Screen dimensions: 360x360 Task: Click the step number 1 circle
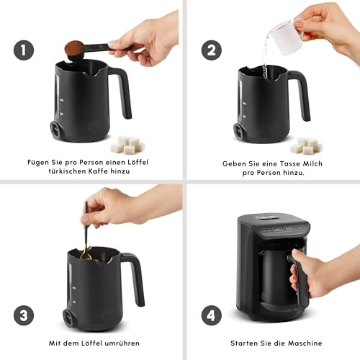pyautogui.click(x=23, y=51)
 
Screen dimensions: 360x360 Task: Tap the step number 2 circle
pyautogui.click(x=211, y=51)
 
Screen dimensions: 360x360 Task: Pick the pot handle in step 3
pyautogui.click(x=134, y=277)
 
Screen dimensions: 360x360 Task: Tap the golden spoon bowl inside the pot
pyautogui.click(x=86, y=255)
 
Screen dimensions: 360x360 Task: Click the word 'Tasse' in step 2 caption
pyautogui.click(x=273, y=163)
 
